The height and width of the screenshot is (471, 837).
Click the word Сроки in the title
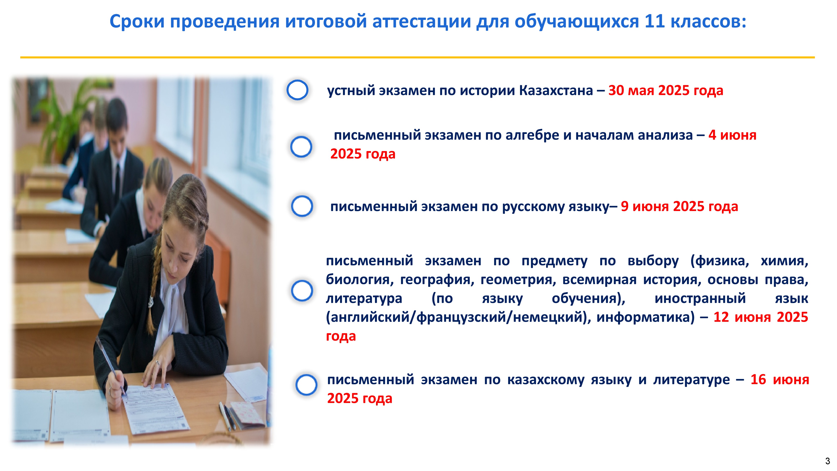(x=137, y=22)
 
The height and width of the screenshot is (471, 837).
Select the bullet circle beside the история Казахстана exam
(x=297, y=90)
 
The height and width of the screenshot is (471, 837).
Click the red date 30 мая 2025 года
(x=666, y=91)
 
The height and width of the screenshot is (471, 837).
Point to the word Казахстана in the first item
(x=556, y=90)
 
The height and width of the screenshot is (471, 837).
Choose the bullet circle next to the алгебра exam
(x=301, y=147)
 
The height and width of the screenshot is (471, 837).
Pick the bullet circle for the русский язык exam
(x=302, y=206)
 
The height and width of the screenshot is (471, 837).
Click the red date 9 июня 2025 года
(x=679, y=206)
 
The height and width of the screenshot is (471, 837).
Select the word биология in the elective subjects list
(x=360, y=279)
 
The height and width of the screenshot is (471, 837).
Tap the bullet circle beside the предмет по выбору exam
(x=302, y=291)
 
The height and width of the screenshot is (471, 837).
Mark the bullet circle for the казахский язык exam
(x=306, y=385)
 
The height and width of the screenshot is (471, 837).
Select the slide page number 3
(x=828, y=461)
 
